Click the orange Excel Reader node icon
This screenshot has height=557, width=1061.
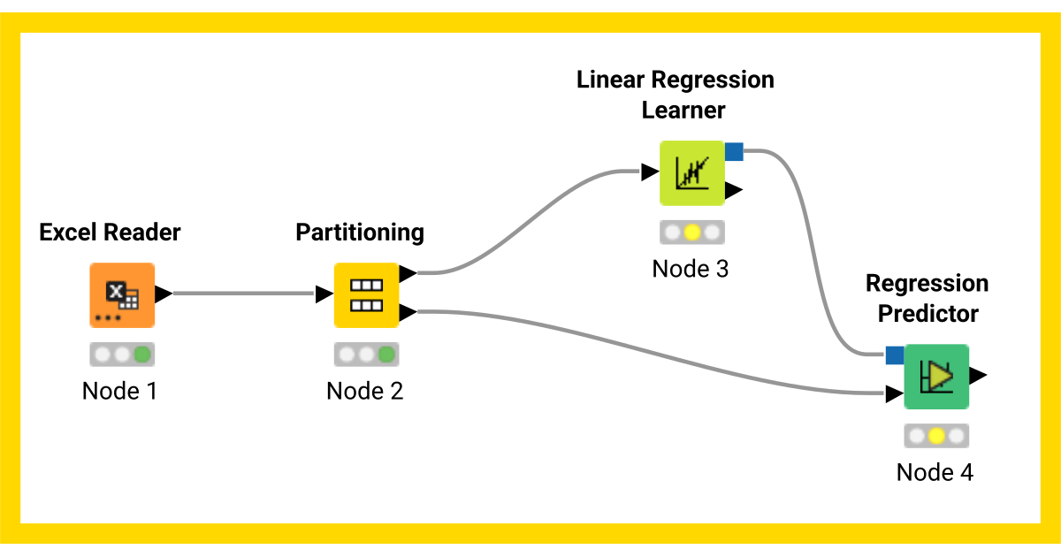coord(122,295)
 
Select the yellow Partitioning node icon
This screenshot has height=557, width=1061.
coord(366,295)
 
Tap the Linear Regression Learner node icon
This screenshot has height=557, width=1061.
coord(691,173)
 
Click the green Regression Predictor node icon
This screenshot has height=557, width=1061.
coord(936,377)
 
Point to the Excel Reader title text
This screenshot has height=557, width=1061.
coord(111,233)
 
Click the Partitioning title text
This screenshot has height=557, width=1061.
coord(360,233)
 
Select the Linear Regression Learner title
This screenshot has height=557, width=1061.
coord(676,95)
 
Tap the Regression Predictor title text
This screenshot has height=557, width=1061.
coord(927,298)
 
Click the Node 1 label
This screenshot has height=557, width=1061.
coord(119,391)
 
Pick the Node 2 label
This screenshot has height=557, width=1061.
coord(365,391)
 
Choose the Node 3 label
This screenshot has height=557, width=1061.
coord(691,269)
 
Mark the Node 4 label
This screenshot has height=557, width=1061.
coord(935,472)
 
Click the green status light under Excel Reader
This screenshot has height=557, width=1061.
coord(141,355)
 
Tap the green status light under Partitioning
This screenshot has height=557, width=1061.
coord(385,355)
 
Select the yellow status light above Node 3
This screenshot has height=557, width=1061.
coord(692,233)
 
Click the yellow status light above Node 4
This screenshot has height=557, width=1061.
coord(936,436)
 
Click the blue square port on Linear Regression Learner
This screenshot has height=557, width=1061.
coord(734,152)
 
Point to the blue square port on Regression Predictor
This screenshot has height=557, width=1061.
coord(895,355)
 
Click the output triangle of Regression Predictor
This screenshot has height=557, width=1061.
coord(978,376)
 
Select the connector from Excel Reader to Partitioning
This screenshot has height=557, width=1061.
coord(243,294)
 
